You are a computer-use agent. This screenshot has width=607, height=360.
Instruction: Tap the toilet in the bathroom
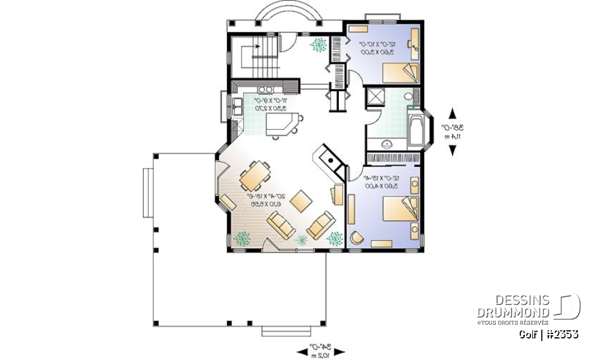click(408, 97)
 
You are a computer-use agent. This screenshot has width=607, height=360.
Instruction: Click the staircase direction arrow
click(255, 46)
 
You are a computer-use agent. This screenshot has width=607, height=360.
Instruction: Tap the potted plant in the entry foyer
click(320, 46)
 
